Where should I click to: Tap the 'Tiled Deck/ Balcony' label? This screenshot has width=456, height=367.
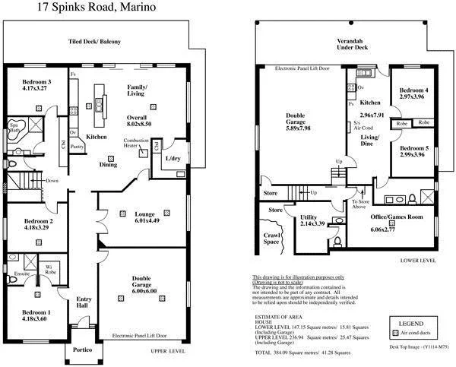point(95,42)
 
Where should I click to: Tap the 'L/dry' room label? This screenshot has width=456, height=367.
point(173,159)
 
